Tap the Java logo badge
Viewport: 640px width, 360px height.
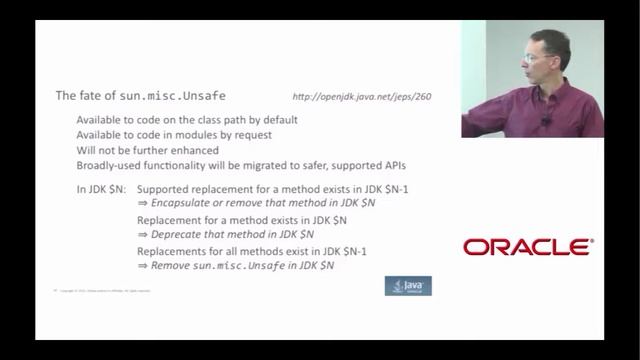click(408, 286)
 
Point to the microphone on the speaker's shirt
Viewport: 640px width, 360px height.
click(546, 122)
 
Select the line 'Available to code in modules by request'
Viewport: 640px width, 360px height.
click(173, 135)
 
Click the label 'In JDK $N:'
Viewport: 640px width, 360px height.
click(101, 189)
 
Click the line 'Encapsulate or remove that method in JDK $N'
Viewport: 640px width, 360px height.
click(256, 203)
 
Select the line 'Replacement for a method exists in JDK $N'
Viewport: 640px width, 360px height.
click(241, 220)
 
